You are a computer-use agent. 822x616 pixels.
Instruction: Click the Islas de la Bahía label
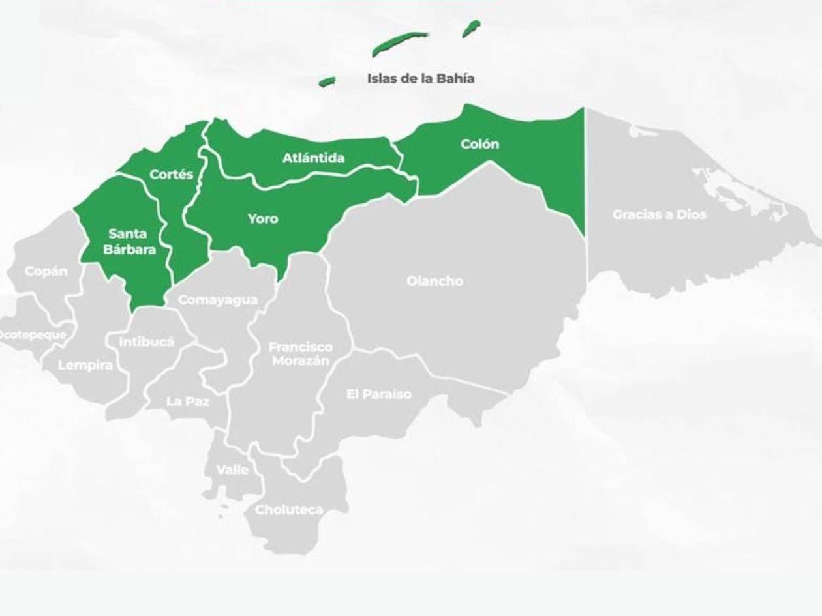(x=421, y=78)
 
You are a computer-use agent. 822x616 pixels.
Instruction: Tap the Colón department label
(x=479, y=144)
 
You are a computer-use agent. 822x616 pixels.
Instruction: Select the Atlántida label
(x=313, y=158)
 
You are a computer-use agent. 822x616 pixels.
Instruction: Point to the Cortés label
(x=172, y=174)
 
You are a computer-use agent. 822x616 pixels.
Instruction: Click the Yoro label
(x=263, y=218)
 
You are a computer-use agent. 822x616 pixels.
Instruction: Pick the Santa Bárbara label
(x=128, y=241)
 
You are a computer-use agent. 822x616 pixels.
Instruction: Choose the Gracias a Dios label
(x=659, y=214)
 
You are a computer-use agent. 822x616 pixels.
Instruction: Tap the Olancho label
(x=434, y=281)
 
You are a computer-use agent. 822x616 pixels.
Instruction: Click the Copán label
(x=46, y=271)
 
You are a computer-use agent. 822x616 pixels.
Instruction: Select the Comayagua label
(x=218, y=300)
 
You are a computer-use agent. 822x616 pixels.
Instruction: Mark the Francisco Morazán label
(x=300, y=354)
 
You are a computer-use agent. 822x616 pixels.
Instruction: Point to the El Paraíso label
(x=379, y=394)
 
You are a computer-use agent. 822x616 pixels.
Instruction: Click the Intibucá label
(x=147, y=341)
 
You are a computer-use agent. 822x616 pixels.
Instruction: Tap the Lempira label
(x=85, y=365)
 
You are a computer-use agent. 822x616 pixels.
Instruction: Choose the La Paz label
(x=188, y=402)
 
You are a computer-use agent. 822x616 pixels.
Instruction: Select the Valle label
(x=232, y=469)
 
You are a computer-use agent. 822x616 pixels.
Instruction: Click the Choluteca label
(x=289, y=510)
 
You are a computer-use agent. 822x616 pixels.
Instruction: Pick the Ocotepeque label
(x=33, y=334)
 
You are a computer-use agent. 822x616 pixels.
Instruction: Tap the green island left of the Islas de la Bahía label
(x=327, y=81)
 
